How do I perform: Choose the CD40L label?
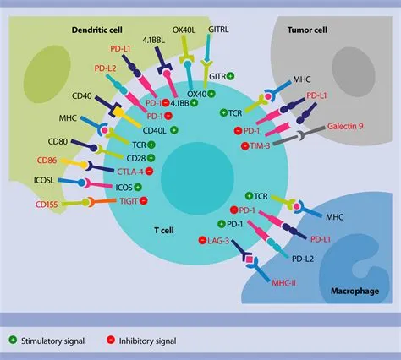click(x=154, y=130)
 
